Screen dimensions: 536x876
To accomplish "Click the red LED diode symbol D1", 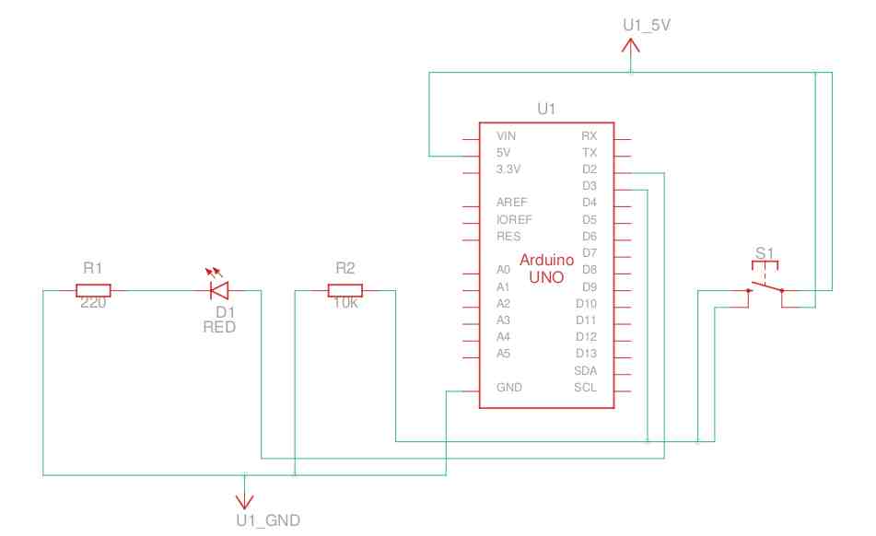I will pyautogui.click(x=219, y=291).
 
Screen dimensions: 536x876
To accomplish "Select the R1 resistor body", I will pyautogui.click(x=92, y=291).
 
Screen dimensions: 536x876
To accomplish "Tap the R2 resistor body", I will pyautogui.click(x=345, y=291).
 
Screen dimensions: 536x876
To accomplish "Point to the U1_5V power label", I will pyautogui.click(x=647, y=25).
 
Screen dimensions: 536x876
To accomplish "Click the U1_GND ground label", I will pyautogui.click(x=268, y=520).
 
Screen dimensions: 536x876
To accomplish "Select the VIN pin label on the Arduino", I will pyautogui.click(x=506, y=135).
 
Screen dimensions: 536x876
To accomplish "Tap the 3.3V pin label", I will pyautogui.click(x=508, y=169).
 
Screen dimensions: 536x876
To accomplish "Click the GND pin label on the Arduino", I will pyautogui.click(x=508, y=387).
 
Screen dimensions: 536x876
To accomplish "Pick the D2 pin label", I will pyautogui.click(x=590, y=169).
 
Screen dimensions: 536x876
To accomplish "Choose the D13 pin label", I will pyautogui.click(x=586, y=353).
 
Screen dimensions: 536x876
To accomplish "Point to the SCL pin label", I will pyautogui.click(x=585, y=387).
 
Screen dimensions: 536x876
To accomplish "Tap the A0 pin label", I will pyautogui.click(x=503, y=270).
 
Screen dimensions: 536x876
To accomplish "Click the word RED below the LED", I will pyautogui.click(x=219, y=327).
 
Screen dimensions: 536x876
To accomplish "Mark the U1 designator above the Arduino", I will pyautogui.click(x=546, y=110).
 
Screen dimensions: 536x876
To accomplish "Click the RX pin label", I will pyautogui.click(x=590, y=135).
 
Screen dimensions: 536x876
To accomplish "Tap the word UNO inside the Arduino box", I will pyautogui.click(x=546, y=275).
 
